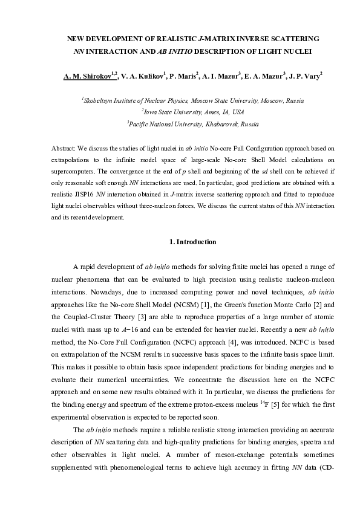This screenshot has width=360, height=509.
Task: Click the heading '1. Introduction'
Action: click(x=193, y=242)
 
